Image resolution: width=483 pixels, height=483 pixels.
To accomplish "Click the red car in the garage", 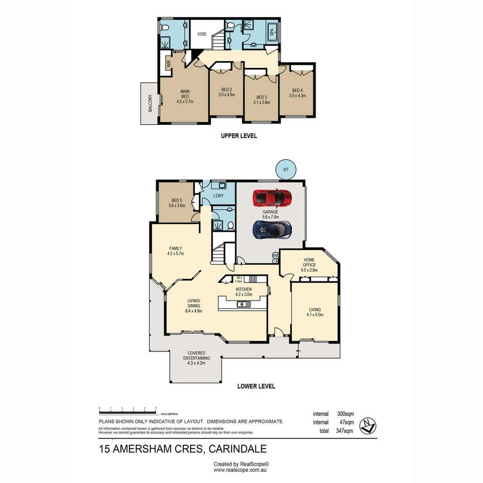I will (272, 197).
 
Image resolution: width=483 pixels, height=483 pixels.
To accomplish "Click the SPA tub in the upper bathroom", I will (272, 33).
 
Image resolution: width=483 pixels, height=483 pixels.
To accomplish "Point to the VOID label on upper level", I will (202, 34).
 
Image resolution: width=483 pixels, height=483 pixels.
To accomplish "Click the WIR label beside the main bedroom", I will (169, 64).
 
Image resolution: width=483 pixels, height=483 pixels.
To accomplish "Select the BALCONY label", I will (150, 103).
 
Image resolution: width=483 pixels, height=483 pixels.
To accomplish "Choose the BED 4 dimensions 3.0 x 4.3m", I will (297, 95).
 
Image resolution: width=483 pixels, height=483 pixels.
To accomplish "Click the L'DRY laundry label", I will (218, 196).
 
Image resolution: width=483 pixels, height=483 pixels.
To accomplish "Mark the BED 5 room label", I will (177, 200).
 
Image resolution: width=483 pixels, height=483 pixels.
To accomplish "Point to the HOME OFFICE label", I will (309, 262).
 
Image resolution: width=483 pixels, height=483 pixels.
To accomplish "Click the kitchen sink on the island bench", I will (244, 305).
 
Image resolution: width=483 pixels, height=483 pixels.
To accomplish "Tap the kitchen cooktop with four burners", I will (252, 279).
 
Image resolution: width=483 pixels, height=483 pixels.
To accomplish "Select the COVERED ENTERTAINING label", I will (196, 356).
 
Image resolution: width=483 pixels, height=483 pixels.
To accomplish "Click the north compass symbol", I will (369, 425).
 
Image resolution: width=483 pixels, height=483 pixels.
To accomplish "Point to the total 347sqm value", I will (344, 431).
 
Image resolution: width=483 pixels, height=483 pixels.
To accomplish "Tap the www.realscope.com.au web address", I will (241, 470).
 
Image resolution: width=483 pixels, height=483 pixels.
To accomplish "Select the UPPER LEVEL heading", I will (239, 136).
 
